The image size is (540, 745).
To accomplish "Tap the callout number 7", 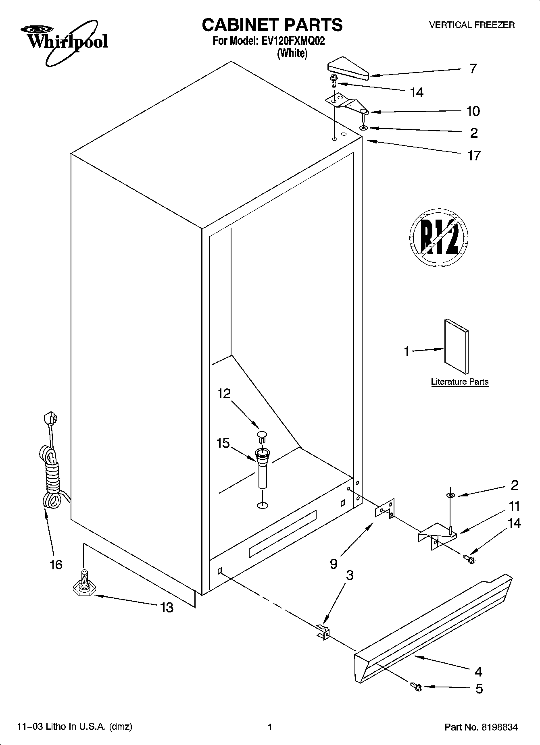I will tap(473, 69).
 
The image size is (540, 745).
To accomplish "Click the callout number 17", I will tap(474, 156).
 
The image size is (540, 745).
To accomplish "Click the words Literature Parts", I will tap(459, 382).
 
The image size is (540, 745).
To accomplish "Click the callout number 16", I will tap(56, 564).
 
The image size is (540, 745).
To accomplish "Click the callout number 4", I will tap(479, 672).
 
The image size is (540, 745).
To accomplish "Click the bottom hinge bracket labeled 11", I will tap(436, 535).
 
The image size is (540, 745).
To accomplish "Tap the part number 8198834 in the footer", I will tap(498, 727).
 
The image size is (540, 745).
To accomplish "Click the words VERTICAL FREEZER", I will tap(471, 25).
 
